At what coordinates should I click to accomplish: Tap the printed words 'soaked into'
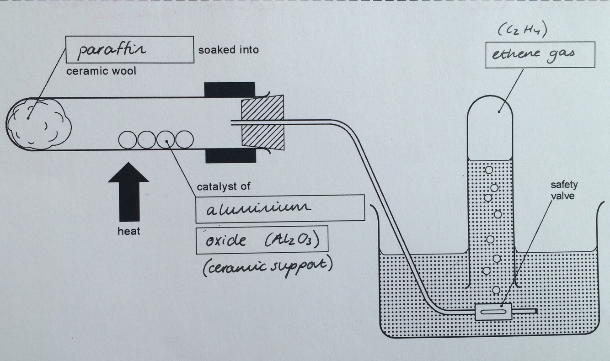[x=228, y=49]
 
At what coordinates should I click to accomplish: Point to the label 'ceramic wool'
[x=101, y=72]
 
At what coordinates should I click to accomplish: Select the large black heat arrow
[x=128, y=192]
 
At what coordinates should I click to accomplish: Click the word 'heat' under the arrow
[x=128, y=231]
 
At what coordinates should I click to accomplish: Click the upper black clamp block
[x=230, y=90]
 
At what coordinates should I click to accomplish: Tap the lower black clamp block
[x=230, y=155]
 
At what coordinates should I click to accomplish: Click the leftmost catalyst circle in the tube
[x=128, y=139]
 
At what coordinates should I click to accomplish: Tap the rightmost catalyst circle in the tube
[x=184, y=139]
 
